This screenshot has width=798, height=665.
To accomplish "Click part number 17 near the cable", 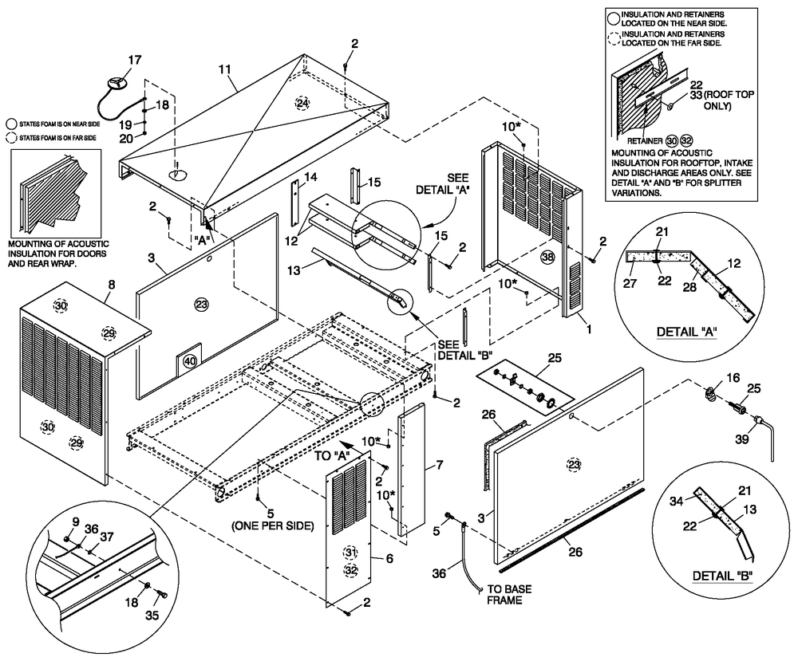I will coord(134,59).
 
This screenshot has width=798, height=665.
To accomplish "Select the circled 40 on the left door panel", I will coord(189,360).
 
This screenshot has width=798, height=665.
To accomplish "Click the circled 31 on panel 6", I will coord(350,553).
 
